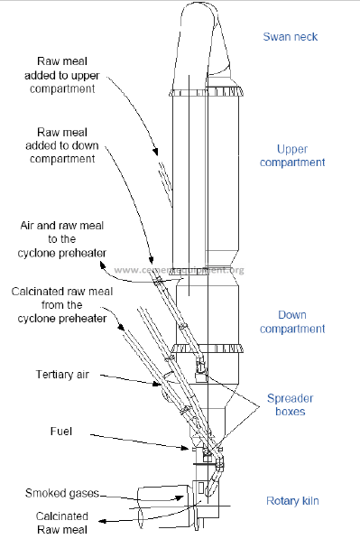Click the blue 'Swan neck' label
(291, 37)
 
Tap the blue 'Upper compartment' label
(292, 155)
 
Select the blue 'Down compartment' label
(292, 321)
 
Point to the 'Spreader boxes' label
(291, 404)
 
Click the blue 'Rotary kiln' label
(292, 501)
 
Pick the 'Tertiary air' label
(62, 375)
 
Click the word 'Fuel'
(61, 431)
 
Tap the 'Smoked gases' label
(62, 493)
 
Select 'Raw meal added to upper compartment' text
(62, 75)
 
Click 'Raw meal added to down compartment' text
(62, 145)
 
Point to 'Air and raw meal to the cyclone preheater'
(62, 239)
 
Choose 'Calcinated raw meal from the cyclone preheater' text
(62, 305)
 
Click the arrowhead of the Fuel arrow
(186, 448)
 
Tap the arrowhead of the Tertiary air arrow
(158, 384)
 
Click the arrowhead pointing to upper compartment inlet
(156, 152)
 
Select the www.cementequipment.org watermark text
(179, 270)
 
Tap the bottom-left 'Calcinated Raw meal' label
(62, 523)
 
